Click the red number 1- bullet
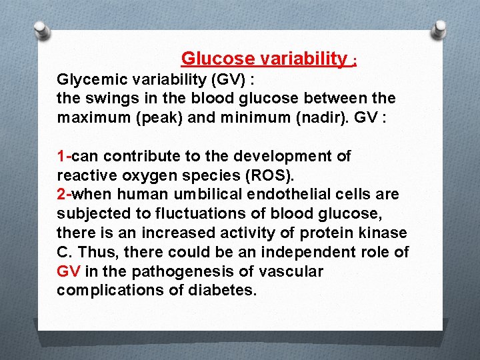[64, 156]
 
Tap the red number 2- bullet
[64, 194]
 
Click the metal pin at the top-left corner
[41, 29]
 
